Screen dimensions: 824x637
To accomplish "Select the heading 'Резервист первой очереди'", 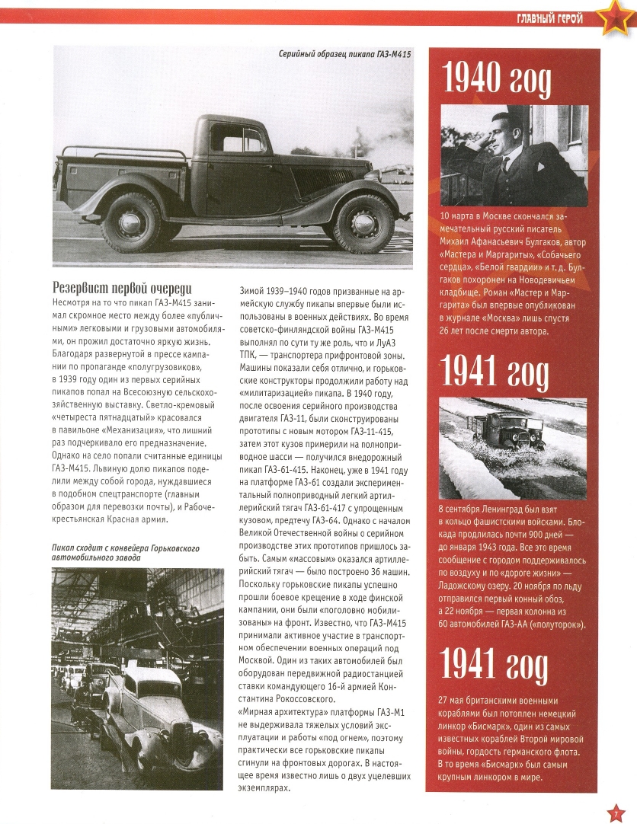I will [121, 288].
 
